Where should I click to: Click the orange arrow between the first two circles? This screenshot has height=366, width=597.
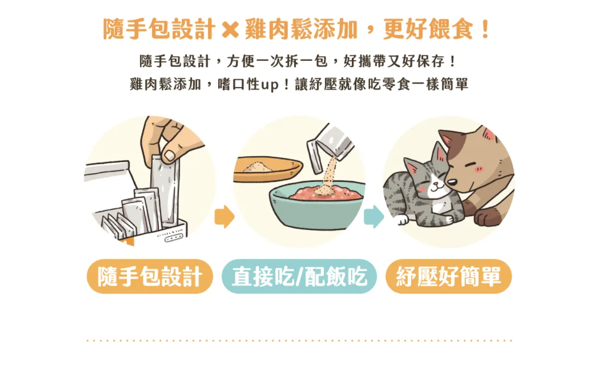point(224,217)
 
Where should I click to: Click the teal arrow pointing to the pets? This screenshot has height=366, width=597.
point(374,217)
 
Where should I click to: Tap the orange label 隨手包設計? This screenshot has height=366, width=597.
point(150,276)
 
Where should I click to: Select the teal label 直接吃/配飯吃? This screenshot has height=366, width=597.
point(299,276)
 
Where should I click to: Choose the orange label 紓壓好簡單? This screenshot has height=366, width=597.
point(449,276)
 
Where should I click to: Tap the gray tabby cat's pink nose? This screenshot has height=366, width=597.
point(435,184)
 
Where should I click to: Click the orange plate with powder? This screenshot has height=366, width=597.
point(267,169)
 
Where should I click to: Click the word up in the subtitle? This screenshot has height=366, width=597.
point(269,85)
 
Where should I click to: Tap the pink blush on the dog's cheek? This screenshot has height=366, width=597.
point(479,169)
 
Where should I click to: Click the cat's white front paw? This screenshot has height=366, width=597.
point(402,219)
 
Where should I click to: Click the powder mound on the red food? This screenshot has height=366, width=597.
point(324,190)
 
